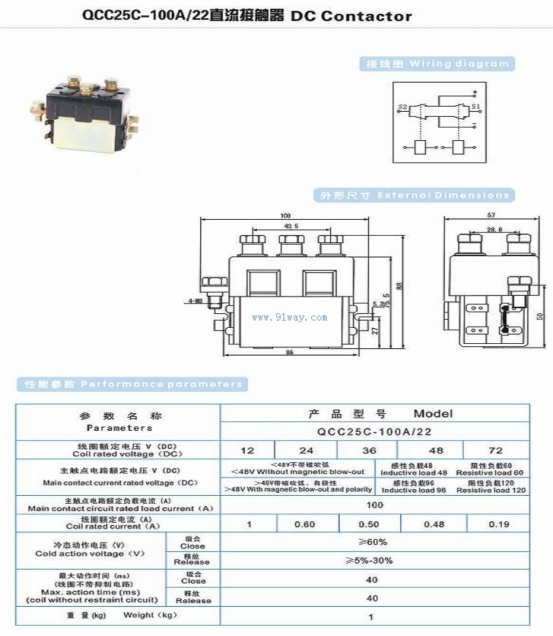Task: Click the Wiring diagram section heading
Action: pyautogui.click(x=438, y=64)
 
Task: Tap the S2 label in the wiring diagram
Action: pyautogui.click(x=403, y=107)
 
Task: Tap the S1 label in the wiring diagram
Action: pyautogui.click(x=475, y=107)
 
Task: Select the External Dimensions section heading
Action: pyautogui.click(x=413, y=196)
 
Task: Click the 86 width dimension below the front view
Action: pyautogui.click(x=289, y=353)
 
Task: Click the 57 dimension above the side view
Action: pyautogui.click(x=492, y=215)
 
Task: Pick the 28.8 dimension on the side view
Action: pyautogui.click(x=495, y=229)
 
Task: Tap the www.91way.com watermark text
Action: pyautogui.click(x=289, y=318)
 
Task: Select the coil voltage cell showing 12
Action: pyautogui.click(x=248, y=451)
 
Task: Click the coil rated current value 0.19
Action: pyautogui.click(x=499, y=524)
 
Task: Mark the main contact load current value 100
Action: pyautogui.click(x=375, y=505)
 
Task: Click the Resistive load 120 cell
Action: pyautogui.click(x=490, y=486)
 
